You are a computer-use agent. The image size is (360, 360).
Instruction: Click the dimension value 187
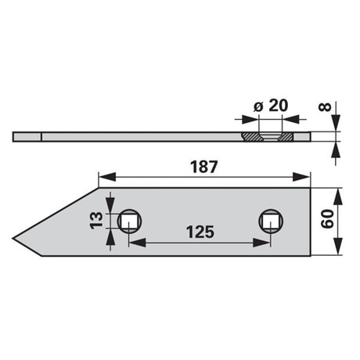203,167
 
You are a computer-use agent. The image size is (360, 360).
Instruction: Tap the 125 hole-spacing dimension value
200,232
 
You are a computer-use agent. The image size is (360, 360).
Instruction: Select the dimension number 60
327,219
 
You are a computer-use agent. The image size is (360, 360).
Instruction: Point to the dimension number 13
96,221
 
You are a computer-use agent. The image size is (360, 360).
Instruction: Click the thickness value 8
325,107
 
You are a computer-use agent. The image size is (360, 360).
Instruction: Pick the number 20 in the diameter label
278,106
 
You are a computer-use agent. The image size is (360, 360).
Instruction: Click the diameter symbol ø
258,107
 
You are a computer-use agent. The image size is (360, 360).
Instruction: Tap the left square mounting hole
129,221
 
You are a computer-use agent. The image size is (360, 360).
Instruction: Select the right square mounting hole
271,221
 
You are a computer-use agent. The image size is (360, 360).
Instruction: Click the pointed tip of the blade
13,238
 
